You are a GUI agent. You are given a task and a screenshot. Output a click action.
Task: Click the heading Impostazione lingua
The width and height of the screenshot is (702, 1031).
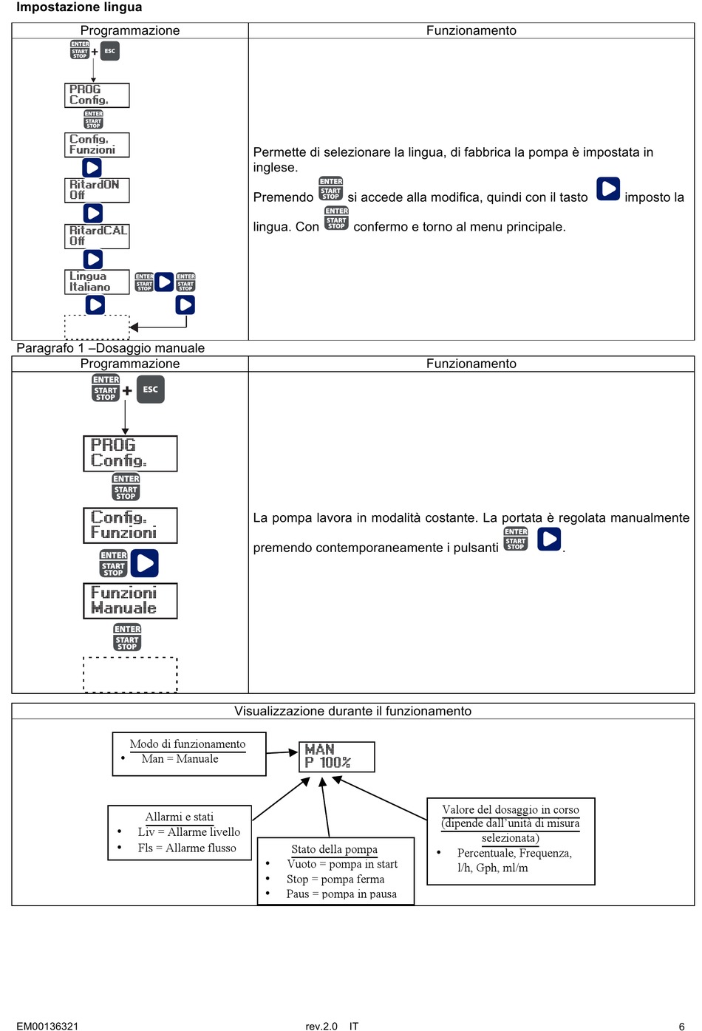point(79,7)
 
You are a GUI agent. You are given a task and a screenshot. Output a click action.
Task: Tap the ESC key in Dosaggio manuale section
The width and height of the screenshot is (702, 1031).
point(151,389)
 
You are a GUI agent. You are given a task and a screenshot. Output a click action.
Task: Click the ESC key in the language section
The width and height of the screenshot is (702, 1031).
point(109,51)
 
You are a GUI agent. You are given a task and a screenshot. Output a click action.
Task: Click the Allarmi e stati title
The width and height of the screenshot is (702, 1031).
point(180,817)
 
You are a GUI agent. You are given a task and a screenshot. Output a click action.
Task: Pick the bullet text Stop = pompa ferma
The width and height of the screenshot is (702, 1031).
point(335,879)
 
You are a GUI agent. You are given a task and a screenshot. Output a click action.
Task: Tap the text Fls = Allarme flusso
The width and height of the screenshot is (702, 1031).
point(187,848)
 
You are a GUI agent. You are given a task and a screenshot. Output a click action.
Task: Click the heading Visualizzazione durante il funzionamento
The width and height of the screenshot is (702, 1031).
point(352,711)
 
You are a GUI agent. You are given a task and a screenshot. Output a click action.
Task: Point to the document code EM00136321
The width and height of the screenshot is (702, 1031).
point(47,1026)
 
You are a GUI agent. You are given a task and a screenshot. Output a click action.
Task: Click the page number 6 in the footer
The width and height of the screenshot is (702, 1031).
point(682,1026)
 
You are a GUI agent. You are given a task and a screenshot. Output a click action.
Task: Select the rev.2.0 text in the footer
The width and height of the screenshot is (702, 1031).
point(321,1026)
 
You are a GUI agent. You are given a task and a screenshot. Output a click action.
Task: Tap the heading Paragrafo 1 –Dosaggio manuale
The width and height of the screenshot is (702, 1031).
point(111,348)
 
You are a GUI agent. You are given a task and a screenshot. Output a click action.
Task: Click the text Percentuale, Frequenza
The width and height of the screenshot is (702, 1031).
point(514,853)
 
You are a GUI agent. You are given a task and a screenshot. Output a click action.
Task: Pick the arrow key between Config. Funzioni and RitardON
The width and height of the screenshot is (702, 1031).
point(92,168)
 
